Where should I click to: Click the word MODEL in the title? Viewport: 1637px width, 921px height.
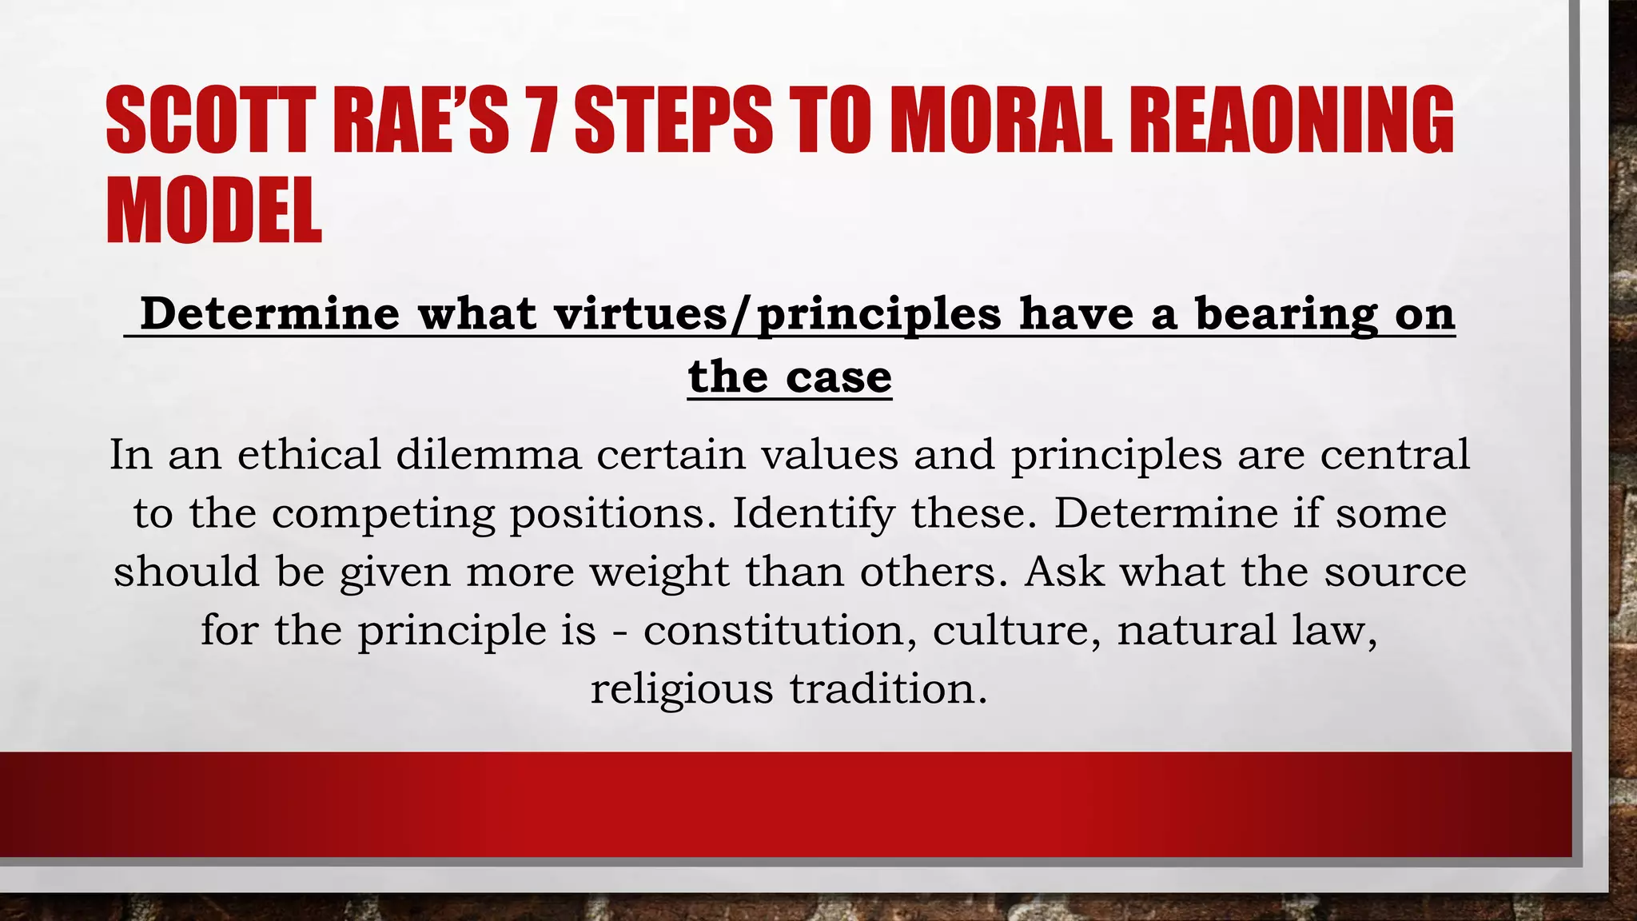214,211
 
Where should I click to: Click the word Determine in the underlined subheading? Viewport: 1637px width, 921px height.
269,313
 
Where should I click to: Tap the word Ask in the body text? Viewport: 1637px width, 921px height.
1064,572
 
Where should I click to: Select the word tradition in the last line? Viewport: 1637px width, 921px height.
888,689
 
